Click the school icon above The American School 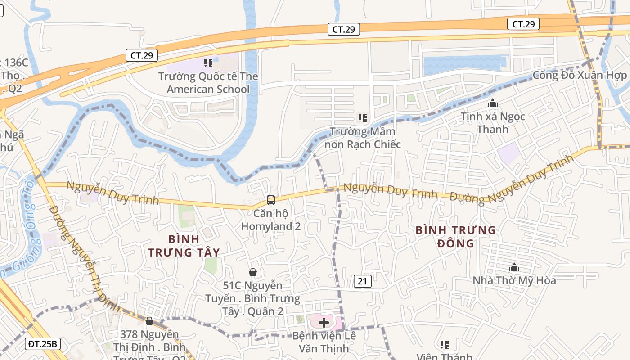(x=208, y=63)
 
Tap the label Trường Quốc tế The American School (x=208, y=83)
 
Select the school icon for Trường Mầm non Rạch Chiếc (x=363, y=118)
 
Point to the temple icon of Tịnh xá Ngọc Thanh (x=493, y=103)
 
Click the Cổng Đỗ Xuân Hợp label (x=580, y=75)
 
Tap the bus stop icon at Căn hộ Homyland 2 (x=271, y=200)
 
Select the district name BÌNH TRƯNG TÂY (x=184, y=245)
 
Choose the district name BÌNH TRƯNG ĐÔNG (x=455, y=237)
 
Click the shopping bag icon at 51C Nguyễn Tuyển (x=253, y=272)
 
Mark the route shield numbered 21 (x=363, y=282)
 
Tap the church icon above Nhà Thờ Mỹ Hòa (x=514, y=268)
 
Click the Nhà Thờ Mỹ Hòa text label (x=514, y=280)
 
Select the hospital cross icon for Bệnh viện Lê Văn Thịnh (x=324, y=322)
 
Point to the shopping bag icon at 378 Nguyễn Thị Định (x=149, y=321)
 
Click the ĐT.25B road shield (x=43, y=344)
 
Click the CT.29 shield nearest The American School (x=142, y=55)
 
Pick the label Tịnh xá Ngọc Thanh (x=493, y=123)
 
